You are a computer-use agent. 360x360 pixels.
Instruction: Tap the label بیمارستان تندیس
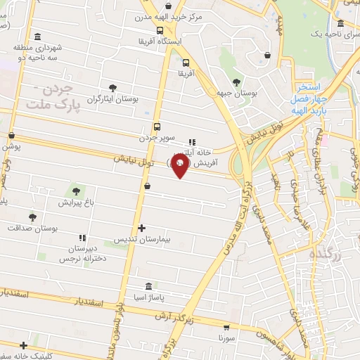coord(142,240)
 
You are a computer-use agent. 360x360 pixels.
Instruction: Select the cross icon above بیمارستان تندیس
coord(142,228)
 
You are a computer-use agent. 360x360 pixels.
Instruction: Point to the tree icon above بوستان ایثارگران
coord(112,87)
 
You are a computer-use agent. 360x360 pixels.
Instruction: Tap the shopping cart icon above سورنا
coord(226,328)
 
